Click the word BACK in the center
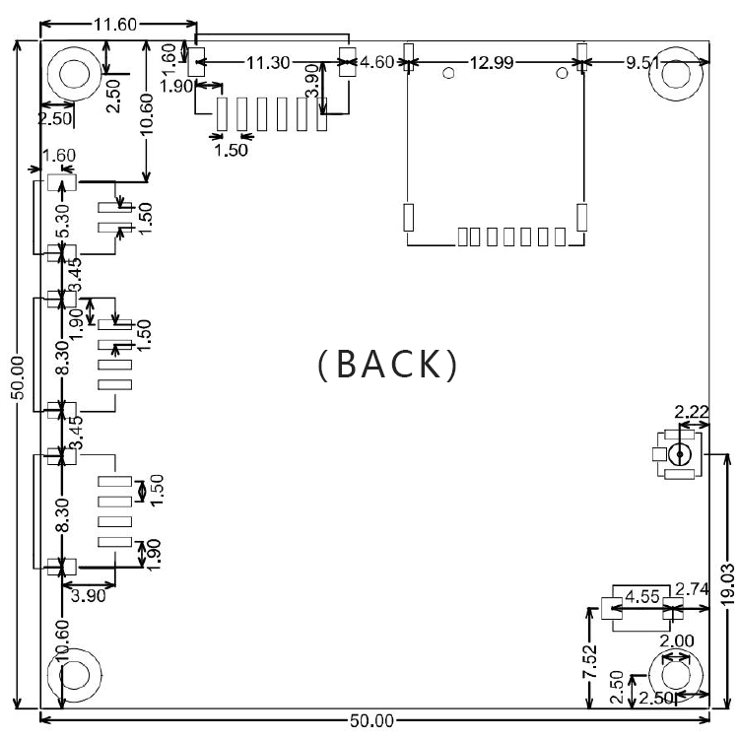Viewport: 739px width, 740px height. click(x=387, y=364)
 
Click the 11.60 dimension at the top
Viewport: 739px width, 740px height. click(x=115, y=24)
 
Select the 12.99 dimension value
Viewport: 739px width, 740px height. click(x=492, y=62)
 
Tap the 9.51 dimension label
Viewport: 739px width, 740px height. click(x=642, y=62)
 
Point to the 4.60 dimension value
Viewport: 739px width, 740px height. click(x=376, y=62)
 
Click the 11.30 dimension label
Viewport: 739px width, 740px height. click(x=268, y=62)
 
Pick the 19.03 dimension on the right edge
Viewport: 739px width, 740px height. click(x=728, y=583)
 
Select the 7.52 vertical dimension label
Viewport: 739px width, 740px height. click(x=590, y=661)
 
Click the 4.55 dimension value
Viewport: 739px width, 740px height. click(x=642, y=597)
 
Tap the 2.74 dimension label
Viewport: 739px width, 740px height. click(x=693, y=589)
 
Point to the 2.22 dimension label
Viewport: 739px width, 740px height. click(x=692, y=412)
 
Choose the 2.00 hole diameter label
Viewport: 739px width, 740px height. click(x=677, y=640)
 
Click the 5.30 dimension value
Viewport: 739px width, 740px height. click(x=62, y=221)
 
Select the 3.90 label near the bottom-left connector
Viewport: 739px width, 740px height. click(x=89, y=595)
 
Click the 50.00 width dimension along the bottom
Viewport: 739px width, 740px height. click(x=371, y=720)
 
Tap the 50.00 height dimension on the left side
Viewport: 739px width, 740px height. click(x=17, y=377)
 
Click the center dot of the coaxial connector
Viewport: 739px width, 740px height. click(x=680, y=454)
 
